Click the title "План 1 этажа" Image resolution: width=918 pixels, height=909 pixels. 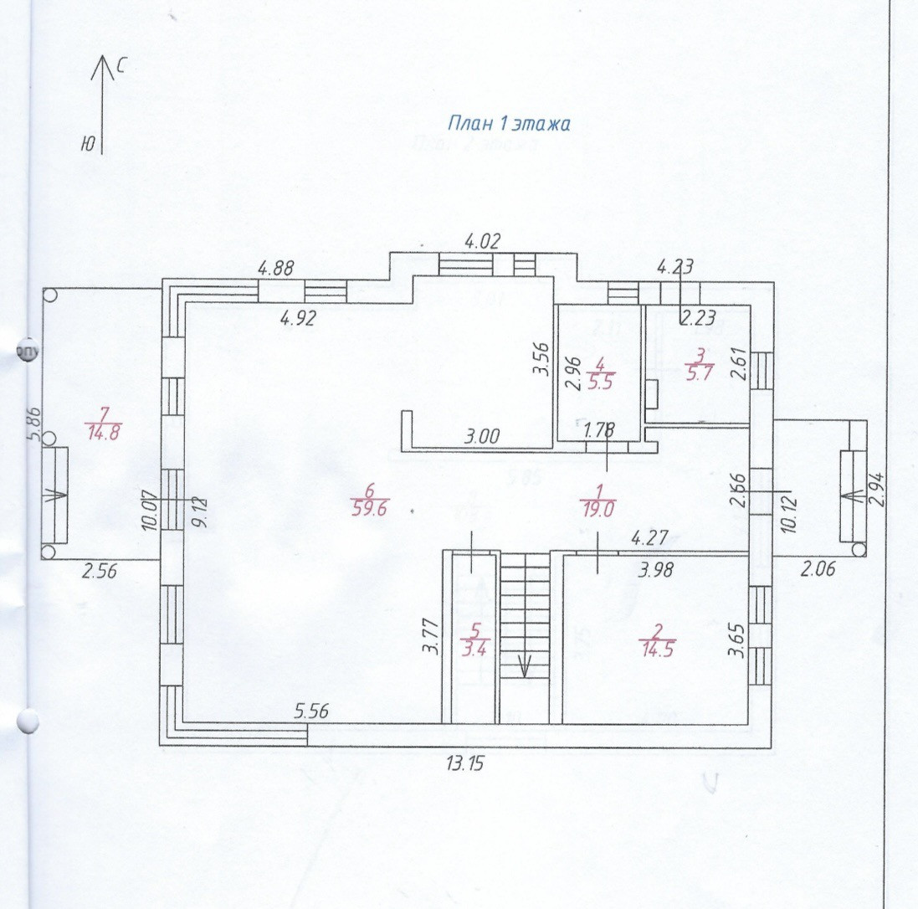click(x=509, y=124)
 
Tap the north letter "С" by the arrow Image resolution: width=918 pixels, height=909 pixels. click(x=122, y=68)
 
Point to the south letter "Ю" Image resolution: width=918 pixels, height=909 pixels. click(x=87, y=143)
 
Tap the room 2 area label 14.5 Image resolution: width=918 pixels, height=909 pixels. click(x=656, y=649)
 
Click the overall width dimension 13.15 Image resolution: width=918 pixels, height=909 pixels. click(x=465, y=763)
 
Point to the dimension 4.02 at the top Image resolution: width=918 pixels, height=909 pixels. click(x=482, y=244)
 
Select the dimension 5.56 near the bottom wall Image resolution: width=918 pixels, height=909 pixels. click(x=311, y=711)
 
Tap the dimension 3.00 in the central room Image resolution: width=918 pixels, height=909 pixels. click(x=482, y=436)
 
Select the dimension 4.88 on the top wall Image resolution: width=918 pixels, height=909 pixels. click(x=277, y=269)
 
